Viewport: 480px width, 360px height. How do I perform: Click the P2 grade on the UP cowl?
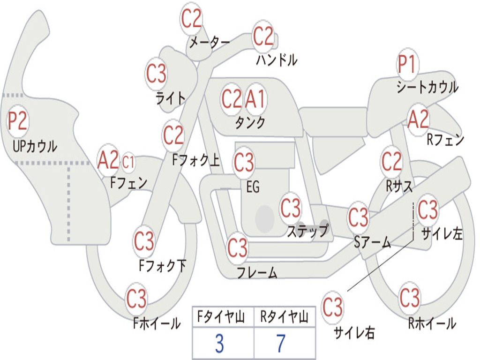point(18,122)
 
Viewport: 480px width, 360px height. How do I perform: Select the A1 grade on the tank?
point(256,99)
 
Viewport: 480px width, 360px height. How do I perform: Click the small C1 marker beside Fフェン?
point(128,162)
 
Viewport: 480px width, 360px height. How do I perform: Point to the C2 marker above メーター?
point(191,19)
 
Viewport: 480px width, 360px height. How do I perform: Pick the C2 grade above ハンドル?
point(263,36)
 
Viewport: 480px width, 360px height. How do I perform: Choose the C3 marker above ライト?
point(156,74)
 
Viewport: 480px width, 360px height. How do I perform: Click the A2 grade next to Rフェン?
point(418,120)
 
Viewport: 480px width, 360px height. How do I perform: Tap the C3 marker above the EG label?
point(244,163)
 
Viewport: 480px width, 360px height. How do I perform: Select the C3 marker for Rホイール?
point(410,298)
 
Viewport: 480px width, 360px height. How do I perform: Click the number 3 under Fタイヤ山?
point(219,344)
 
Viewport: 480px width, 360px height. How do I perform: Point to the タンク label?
point(250,123)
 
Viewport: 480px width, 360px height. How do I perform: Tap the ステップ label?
point(307,231)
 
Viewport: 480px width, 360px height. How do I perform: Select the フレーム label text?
point(257,272)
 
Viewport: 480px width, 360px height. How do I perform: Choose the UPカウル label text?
point(35,146)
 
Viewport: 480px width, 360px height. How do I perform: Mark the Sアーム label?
point(373,242)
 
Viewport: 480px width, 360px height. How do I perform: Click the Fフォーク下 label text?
point(162,266)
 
